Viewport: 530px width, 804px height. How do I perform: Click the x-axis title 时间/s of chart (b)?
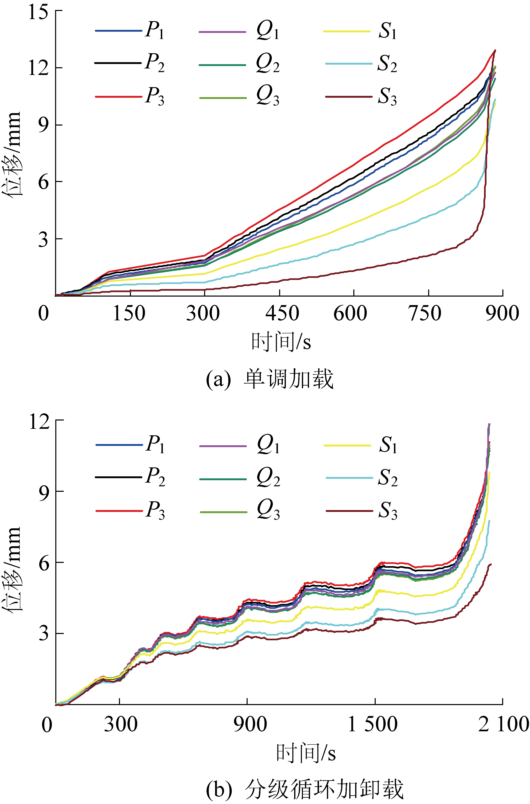[x=306, y=753]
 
